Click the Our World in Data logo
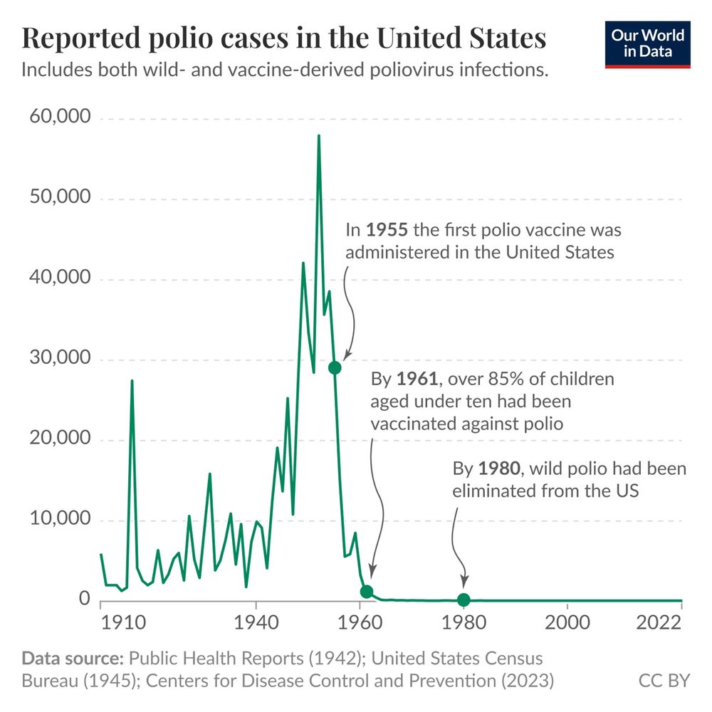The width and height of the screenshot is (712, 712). click(647, 44)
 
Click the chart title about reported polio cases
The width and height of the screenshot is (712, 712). click(284, 38)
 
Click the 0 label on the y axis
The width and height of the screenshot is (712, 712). click(85, 600)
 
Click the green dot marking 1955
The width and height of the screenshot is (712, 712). click(334, 367)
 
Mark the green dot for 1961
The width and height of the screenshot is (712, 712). click(367, 592)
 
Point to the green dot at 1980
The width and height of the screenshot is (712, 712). click(464, 600)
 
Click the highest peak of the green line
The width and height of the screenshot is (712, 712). click(318, 135)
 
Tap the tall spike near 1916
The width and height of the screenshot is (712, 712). click(132, 381)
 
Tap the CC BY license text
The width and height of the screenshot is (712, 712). click(664, 681)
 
